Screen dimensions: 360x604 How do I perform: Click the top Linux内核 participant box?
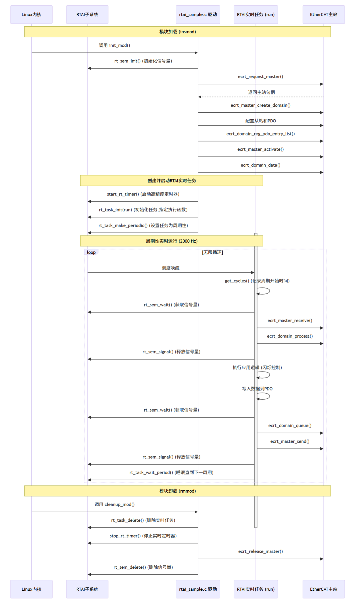coord(31,15)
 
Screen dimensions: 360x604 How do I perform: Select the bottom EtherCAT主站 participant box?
coord(323,589)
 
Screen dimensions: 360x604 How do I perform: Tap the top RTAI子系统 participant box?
coord(87,15)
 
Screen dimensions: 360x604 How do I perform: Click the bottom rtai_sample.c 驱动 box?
coord(198,589)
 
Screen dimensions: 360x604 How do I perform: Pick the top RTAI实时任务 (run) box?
coord(256,15)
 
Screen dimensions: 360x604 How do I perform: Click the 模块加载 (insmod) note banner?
coord(177,32)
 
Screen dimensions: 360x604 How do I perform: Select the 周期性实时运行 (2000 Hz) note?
coord(171,241)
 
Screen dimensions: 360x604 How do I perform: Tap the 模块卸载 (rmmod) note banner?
coord(177,491)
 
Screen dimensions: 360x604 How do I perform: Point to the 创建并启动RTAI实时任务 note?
coord(171,181)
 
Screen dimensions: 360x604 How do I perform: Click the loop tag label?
coord(91,252)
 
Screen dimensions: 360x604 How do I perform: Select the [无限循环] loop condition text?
coord(212,252)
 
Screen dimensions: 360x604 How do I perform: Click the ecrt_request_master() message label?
coord(260,77)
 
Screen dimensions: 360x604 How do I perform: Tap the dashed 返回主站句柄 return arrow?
coord(261,97)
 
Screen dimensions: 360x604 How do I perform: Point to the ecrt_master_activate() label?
coord(260,149)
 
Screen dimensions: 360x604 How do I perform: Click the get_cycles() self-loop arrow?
coord(265,291)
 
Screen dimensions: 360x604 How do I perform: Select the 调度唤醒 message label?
coord(171,268)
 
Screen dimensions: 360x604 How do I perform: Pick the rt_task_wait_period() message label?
coord(171,473)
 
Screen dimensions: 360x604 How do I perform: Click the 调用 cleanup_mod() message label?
coord(114,505)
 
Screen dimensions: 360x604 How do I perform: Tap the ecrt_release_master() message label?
coord(260,552)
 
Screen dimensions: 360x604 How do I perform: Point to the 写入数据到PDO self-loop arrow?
coord(265,396)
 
